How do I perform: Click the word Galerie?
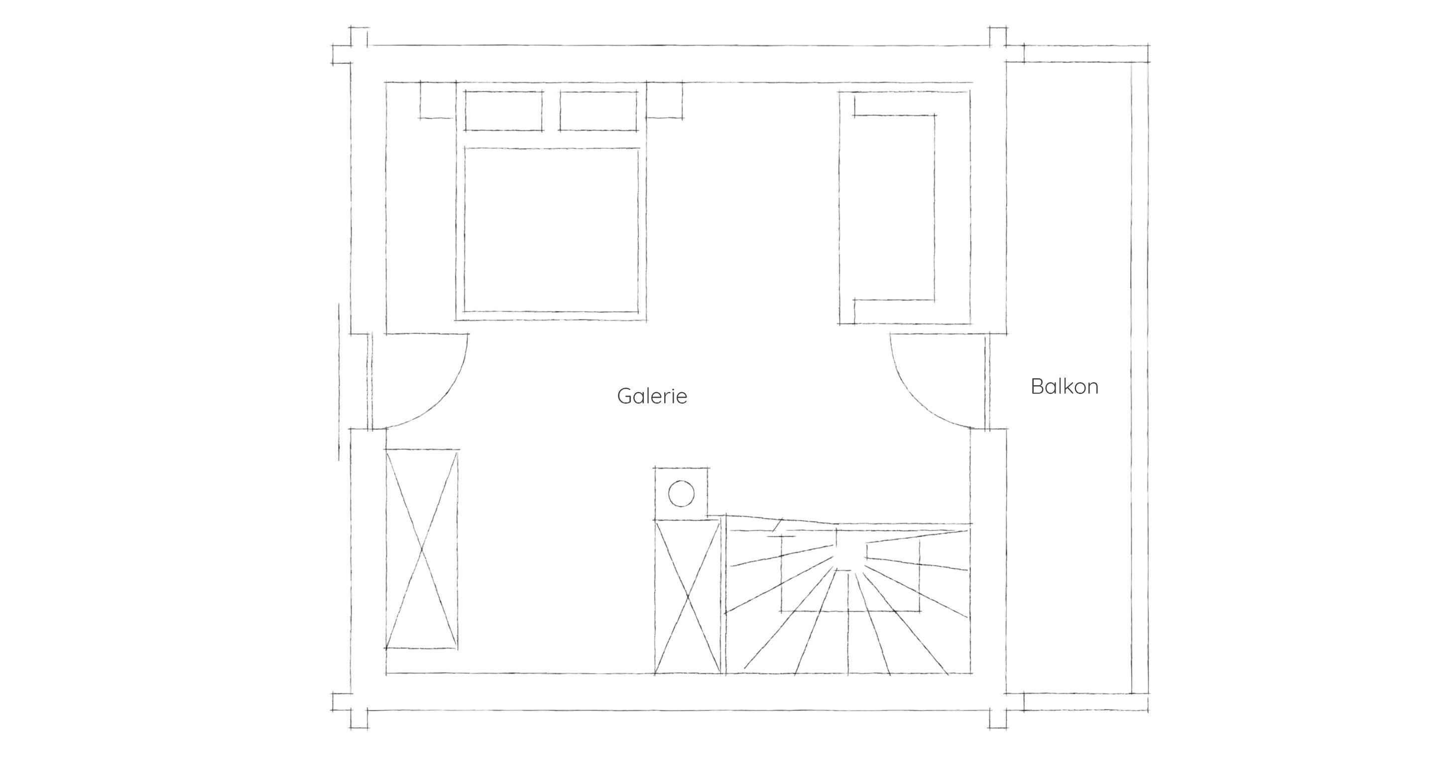pyautogui.click(x=652, y=396)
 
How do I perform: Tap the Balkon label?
pyautogui.click(x=1065, y=387)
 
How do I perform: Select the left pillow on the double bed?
pyautogui.click(x=504, y=111)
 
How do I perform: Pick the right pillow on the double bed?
pyautogui.click(x=598, y=111)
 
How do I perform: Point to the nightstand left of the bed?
pyautogui.click(x=438, y=100)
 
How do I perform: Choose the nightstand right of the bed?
pyautogui.click(x=664, y=100)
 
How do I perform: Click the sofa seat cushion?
pyautogui.click(x=894, y=207)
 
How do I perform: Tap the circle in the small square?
pyautogui.click(x=681, y=494)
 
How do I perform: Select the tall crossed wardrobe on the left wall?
pyautogui.click(x=421, y=549)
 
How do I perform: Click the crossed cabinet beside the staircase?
pyautogui.click(x=688, y=597)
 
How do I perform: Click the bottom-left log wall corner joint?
pyautogui.click(x=350, y=710)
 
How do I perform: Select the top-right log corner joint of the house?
pyautogui.click(x=998, y=44)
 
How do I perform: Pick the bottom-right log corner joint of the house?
pyautogui.click(x=998, y=710)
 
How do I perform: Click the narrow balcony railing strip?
pyautogui.click(x=1140, y=378)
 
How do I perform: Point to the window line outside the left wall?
pyautogui.click(x=339, y=382)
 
